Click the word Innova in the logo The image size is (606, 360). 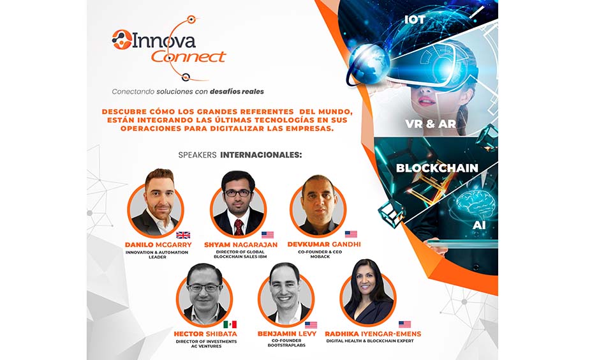click(x=164, y=40)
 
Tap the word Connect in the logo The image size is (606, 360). click(x=188, y=57)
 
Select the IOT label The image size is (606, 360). click(x=415, y=19)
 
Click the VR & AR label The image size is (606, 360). click(x=431, y=124)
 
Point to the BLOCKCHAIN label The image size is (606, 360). click(x=437, y=169)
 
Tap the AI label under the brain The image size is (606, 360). click(x=479, y=225)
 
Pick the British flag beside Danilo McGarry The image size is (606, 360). click(x=183, y=235)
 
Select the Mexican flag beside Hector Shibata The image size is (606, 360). click(x=230, y=324)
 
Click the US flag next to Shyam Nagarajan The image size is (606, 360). click(x=267, y=235)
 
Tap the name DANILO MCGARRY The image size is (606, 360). click(x=158, y=244)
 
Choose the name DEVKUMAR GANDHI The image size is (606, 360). click(x=324, y=244)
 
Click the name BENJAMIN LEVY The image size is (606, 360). click(x=287, y=334)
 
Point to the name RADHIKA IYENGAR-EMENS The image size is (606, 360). click(x=373, y=334)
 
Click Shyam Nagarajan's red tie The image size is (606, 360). click(x=239, y=227)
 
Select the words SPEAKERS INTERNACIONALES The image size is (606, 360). click(x=240, y=155)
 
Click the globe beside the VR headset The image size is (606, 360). click(x=369, y=64)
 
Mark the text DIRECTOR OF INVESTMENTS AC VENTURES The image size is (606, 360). click(x=207, y=344)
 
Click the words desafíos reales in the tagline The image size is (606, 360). click(x=237, y=92)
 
